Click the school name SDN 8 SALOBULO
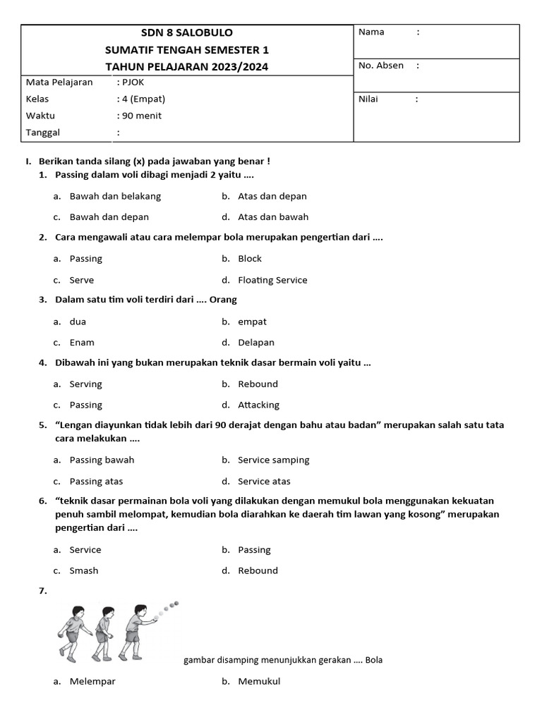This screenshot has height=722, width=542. point(187,32)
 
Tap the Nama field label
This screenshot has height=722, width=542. point(371,32)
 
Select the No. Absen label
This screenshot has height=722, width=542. point(381,66)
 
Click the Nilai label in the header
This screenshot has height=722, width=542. point(368,99)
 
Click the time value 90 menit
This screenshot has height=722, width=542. point(142,116)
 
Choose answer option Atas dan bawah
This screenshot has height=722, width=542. point(273,217)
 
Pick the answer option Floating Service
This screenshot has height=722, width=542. point(272,280)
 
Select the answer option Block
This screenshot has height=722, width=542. point(250,259)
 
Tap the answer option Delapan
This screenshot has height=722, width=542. point(256,343)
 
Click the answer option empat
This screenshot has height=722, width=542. point(252,322)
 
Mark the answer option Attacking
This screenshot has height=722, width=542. point(258,405)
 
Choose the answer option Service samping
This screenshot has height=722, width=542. point(274,460)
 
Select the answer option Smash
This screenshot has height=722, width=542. point(84,570)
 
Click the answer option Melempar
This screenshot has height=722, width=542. point(92,682)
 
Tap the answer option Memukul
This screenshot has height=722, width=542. point(259,682)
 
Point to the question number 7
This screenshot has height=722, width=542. point(43,591)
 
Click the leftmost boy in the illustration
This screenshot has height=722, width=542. point(71,631)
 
